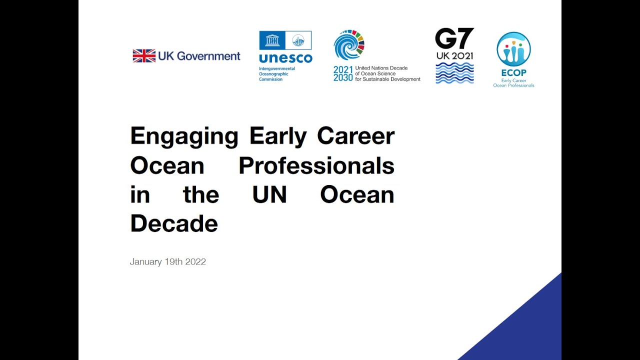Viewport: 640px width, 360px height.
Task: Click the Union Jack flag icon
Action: (x=144, y=56)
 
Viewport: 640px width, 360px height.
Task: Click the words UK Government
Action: (x=199, y=56)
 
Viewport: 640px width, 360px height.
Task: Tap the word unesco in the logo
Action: (x=285, y=58)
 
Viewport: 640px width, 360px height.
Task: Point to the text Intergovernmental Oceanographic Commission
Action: (x=277, y=74)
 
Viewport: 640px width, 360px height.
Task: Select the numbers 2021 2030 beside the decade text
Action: (x=343, y=73)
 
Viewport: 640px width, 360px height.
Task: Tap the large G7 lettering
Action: (x=454, y=39)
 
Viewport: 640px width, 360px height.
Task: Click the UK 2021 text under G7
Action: (x=454, y=56)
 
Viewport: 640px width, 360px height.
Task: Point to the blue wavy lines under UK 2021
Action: (x=454, y=73)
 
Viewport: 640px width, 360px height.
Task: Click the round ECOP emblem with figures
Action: (x=513, y=49)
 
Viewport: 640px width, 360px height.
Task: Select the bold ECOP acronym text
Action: (x=513, y=73)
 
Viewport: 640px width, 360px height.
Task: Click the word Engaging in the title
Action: (x=184, y=136)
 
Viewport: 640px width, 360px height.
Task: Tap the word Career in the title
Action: (x=355, y=136)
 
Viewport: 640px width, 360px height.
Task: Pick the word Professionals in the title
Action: (x=316, y=165)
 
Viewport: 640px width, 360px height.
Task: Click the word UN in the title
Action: (x=269, y=194)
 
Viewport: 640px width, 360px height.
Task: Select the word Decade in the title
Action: (x=174, y=223)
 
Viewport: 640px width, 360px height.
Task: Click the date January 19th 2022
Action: (x=168, y=261)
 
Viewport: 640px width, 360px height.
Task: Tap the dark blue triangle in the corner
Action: (x=530, y=330)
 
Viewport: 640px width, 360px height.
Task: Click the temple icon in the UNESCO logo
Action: (x=272, y=40)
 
